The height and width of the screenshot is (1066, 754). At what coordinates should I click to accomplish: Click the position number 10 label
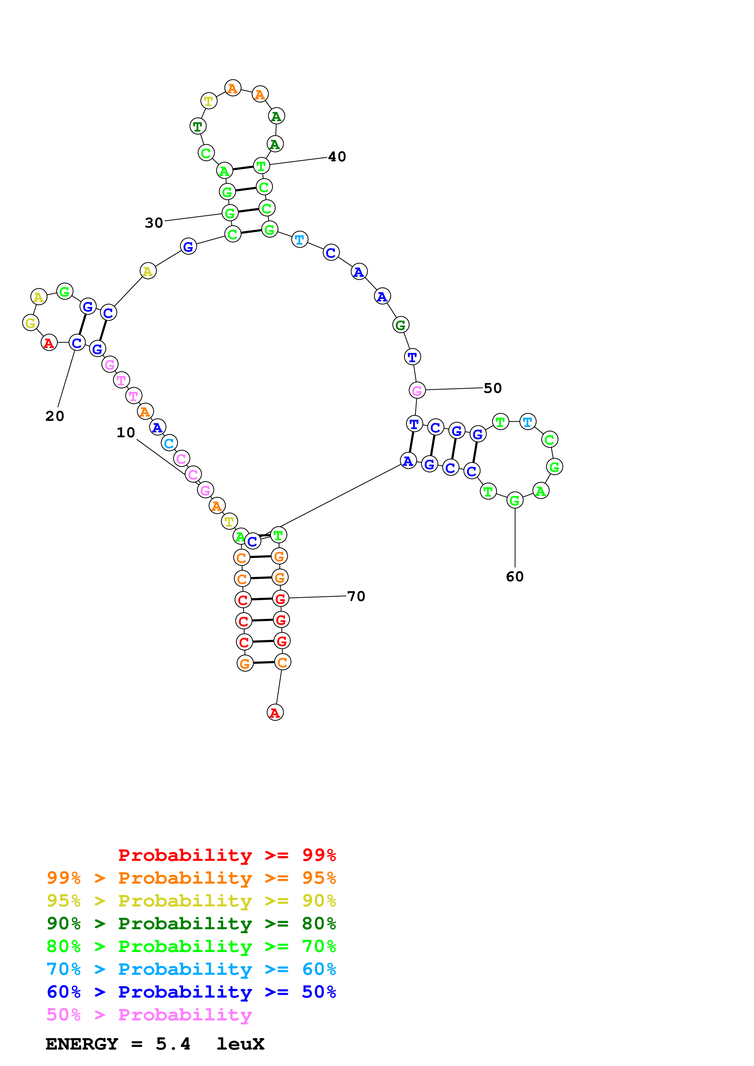(125, 433)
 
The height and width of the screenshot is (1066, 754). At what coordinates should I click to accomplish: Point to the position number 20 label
(55, 416)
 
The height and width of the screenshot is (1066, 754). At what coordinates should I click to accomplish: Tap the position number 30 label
(154, 223)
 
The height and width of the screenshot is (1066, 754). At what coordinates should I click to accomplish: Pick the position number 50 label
(492, 388)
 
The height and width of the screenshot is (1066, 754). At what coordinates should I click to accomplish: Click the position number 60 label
(515, 577)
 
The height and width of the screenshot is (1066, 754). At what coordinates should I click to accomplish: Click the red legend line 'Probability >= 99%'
(227, 855)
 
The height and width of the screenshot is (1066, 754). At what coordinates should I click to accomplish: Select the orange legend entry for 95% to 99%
(191, 878)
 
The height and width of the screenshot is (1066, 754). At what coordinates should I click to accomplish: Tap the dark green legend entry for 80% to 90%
(191, 923)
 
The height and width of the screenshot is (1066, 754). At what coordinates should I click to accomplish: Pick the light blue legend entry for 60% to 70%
(191, 969)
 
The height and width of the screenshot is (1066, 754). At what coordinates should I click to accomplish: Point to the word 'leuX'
(240, 1044)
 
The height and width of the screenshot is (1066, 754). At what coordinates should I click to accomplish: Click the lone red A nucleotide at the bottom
(275, 713)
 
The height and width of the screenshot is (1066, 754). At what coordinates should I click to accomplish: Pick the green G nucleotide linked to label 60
(515, 500)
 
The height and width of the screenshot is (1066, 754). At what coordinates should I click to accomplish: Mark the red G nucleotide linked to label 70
(280, 598)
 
